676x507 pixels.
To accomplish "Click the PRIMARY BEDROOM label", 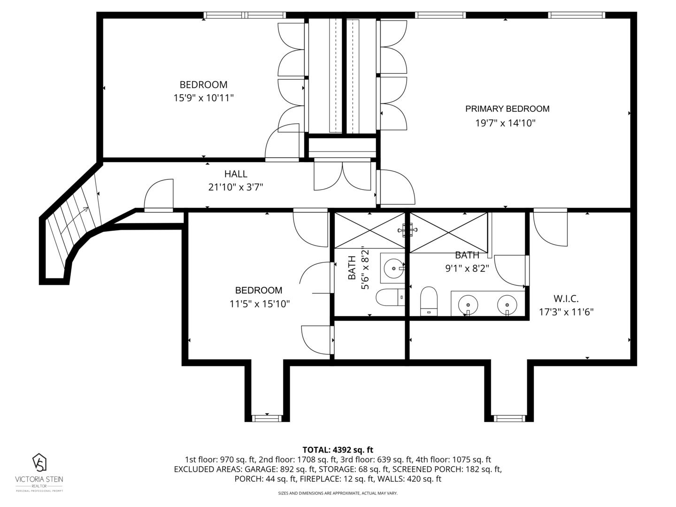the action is [x=507, y=108].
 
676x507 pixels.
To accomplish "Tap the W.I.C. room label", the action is [x=566, y=299].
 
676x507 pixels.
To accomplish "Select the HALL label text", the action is [x=236, y=174].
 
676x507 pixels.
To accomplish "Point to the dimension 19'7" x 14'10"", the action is [x=506, y=123].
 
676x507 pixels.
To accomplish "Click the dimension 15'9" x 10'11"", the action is [x=204, y=98].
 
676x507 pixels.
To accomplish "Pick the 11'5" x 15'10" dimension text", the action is [x=260, y=304].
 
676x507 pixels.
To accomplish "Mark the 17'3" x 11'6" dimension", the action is [x=566, y=312].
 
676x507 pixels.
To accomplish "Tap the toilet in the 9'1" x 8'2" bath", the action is [x=429, y=301].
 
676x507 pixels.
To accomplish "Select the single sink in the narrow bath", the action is [x=394, y=269].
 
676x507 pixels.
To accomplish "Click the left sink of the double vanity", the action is [x=468, y=305].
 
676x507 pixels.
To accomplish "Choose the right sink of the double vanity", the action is [x=507, y=305].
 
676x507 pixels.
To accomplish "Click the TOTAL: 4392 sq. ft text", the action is [x=338, y=450].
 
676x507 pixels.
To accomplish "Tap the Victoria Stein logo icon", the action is [x=39, y=462].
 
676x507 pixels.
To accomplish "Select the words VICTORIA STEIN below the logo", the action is [x=39, y=479].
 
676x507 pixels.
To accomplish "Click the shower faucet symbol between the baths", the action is [x=407, y=230].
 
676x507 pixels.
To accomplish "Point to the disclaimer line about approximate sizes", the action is [x=338, y=493].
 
